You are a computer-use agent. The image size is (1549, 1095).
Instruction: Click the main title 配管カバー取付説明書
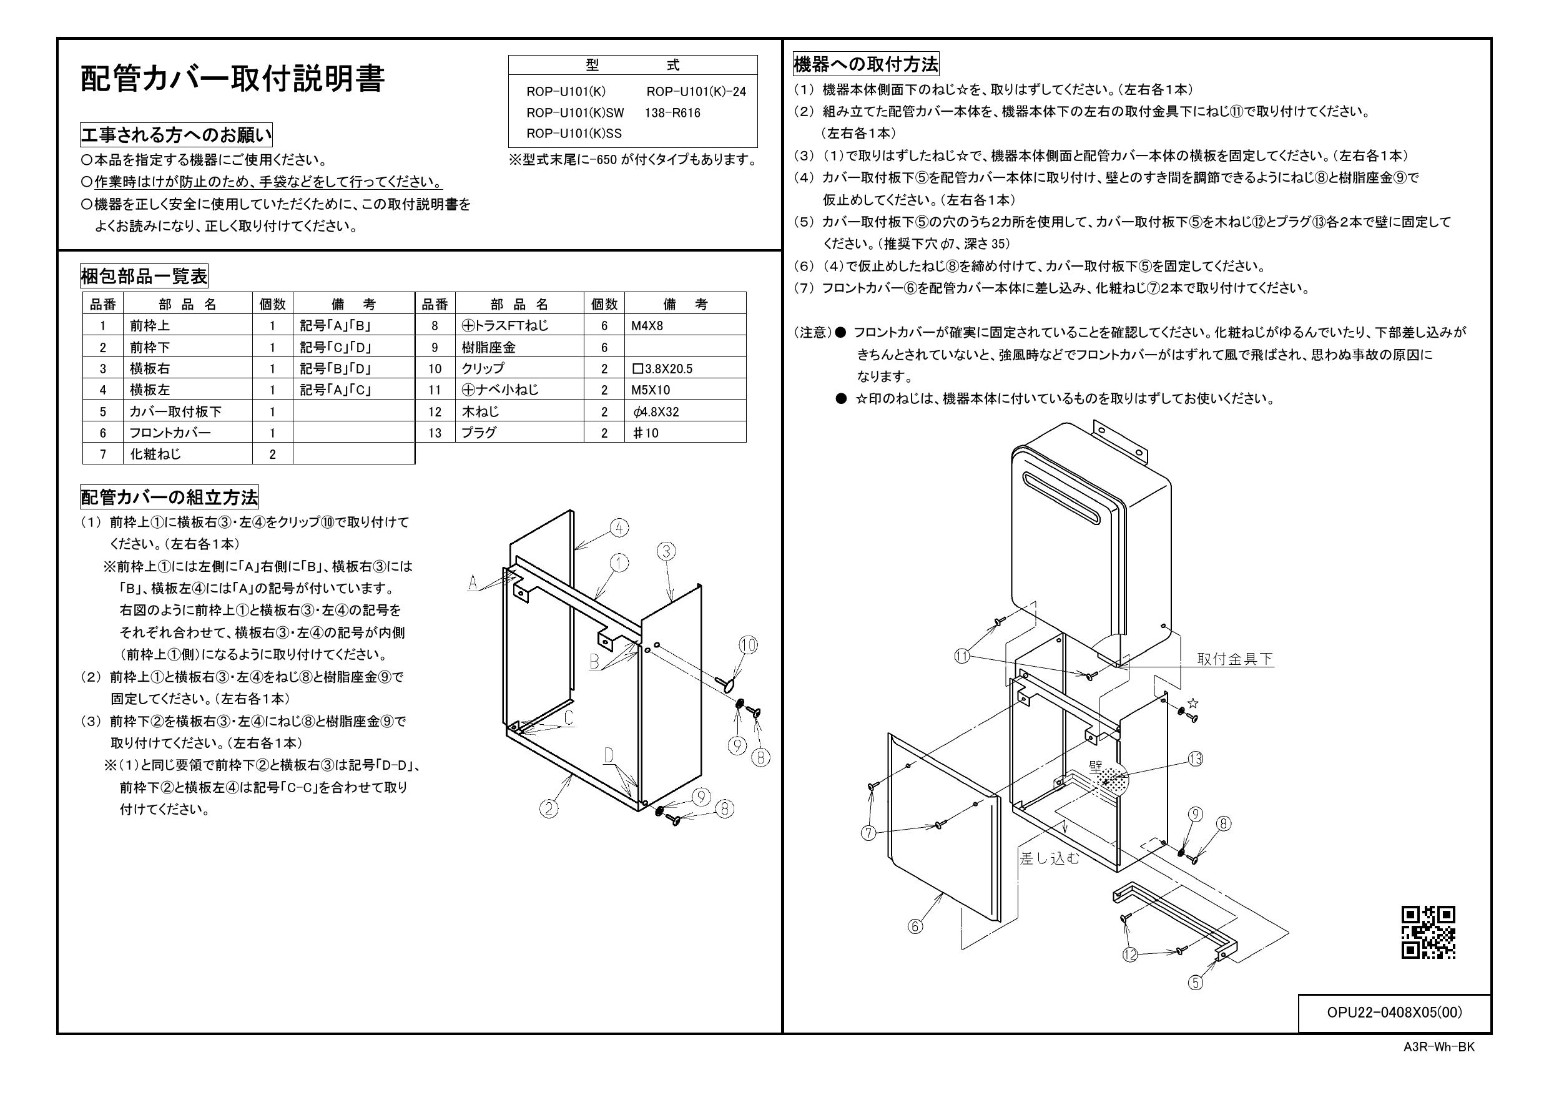233,79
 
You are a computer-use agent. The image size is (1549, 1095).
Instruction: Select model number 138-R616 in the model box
672,112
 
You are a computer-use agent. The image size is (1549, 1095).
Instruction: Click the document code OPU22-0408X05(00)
1394,1013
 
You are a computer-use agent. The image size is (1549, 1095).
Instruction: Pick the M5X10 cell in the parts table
651,390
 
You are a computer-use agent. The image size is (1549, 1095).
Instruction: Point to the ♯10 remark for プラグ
645,433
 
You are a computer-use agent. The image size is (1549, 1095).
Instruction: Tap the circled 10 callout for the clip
748,645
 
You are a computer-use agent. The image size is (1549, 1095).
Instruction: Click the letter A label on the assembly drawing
473,582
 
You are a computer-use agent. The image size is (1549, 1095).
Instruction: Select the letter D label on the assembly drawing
609,755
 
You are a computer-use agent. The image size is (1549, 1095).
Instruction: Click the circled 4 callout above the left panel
619,528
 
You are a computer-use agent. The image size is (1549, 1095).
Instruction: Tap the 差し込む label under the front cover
1050,858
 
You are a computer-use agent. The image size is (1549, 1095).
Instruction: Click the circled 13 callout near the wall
1196,760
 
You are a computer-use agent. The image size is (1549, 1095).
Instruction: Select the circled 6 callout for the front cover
915,926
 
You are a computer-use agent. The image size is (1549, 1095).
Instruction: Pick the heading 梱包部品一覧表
144,276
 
